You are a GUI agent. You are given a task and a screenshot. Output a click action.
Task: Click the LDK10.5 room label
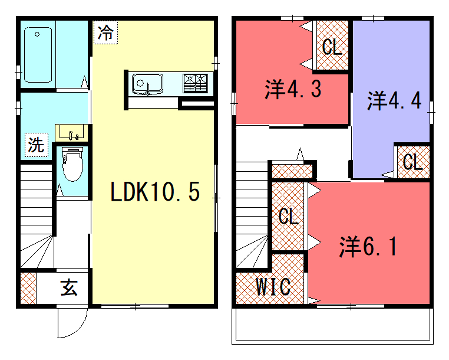click(x=161, y=192)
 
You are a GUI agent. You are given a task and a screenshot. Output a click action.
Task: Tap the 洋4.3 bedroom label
click(x=292, y=90)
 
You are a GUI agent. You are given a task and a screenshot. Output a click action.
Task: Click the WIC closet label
click(x=272, y=287)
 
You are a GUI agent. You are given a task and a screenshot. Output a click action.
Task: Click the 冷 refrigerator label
click(x=106, y=32)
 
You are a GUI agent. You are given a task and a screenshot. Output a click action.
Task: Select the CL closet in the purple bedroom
click(x=411, y=160)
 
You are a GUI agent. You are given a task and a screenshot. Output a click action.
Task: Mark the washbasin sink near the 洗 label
click(x=69, y=131)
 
